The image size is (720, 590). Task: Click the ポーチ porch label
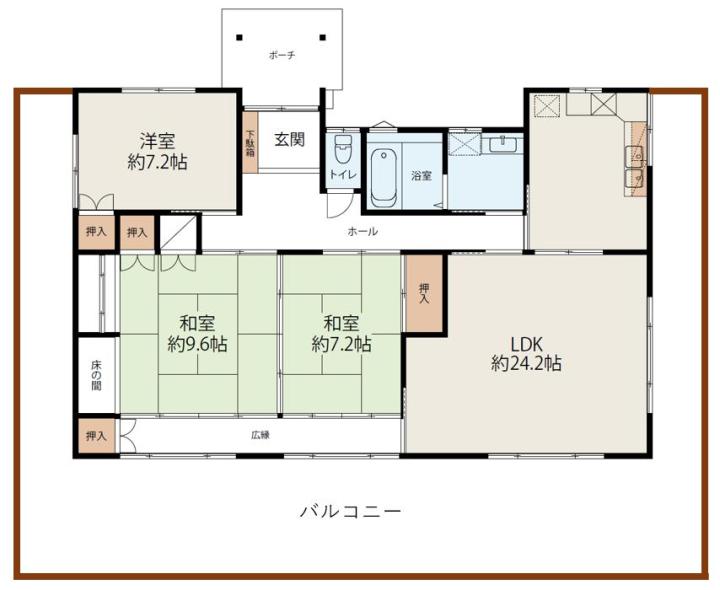[x=282, y=56]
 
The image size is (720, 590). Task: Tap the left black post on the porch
[x=239, y=37]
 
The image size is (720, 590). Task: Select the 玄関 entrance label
[x=290, y=139]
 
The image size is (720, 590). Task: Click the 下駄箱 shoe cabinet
[x=250, y=143]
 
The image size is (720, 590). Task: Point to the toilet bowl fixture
[x=343, y=148]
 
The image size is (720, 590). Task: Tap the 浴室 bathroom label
[x=421, y=175]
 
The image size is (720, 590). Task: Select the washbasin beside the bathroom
[x=503, y=145]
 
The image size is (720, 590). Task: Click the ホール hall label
[x=363, y=231]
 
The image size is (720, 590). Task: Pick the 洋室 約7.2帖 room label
[x=157, y=151]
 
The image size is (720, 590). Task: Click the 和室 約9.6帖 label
[x=197, y=334]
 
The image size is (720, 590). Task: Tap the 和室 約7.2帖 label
[x=342, y=334]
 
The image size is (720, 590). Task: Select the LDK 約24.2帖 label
[x=526, y=354]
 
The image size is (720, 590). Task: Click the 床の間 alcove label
[x=96, y=376]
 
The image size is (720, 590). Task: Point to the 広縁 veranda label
[x=260, y=435]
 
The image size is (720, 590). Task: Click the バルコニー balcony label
[x=350, y=511]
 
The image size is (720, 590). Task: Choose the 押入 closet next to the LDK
[x=424, y=294]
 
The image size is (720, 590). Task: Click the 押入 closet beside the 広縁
[x=96, y=435]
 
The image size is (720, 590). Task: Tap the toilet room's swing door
[x=339, y=205]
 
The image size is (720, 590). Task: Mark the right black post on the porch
[x=323, y=37]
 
